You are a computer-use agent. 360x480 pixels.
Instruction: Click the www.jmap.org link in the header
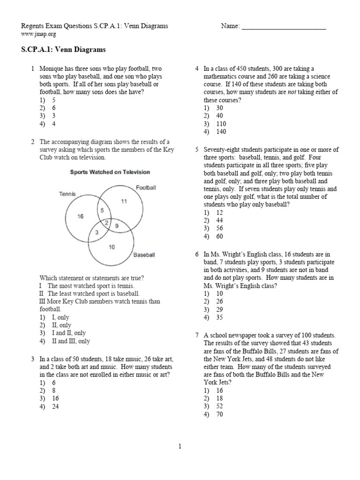point(35,34)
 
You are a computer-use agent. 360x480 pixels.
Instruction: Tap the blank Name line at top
point(284,27)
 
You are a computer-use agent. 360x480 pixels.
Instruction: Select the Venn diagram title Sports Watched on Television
point(110,172)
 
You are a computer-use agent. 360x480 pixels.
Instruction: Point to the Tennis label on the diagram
point(67,193)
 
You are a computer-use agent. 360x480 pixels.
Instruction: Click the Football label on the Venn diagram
point(146,187)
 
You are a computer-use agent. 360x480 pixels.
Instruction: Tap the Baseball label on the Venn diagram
point(144,255)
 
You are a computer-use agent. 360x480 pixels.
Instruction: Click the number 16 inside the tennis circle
point(81,216)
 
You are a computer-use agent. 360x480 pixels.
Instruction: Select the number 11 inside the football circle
point(124,201)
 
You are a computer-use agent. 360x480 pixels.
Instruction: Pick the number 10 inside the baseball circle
point(112,247)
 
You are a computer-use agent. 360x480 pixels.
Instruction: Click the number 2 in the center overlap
point(107,223)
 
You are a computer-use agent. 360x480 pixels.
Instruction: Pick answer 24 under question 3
point(55,406)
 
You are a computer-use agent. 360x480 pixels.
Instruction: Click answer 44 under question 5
point(219,220)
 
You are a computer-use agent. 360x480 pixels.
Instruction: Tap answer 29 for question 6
point(219,309)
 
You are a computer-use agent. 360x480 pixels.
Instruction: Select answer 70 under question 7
point(219,414)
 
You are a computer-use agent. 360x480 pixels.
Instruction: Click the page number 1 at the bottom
point(180,447)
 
